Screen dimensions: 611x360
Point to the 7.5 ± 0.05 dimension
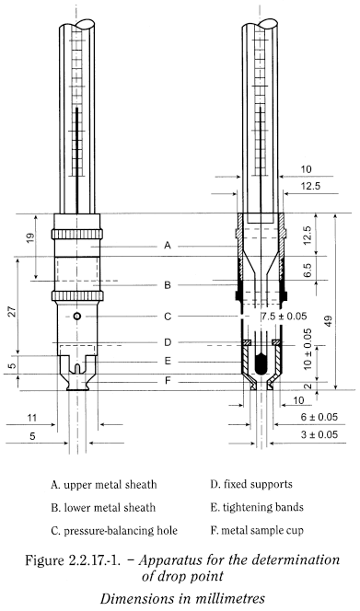click(x=283, y=317)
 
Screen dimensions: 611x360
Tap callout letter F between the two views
click(x=167, y=380)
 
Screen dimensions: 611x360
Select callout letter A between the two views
click(x=167, y=247)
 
